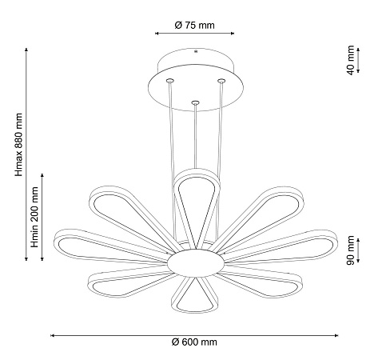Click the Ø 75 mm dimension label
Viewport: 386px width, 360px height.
coord(195,25)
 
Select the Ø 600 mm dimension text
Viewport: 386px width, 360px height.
coord(195,342)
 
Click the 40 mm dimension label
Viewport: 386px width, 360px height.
coord(351,61)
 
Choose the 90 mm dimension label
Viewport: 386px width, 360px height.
coord(351,250)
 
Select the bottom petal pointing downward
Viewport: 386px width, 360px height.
coord(194,294)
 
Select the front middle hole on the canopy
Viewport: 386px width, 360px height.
coord(195,102)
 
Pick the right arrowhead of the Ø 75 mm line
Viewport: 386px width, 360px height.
coord(233,34)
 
